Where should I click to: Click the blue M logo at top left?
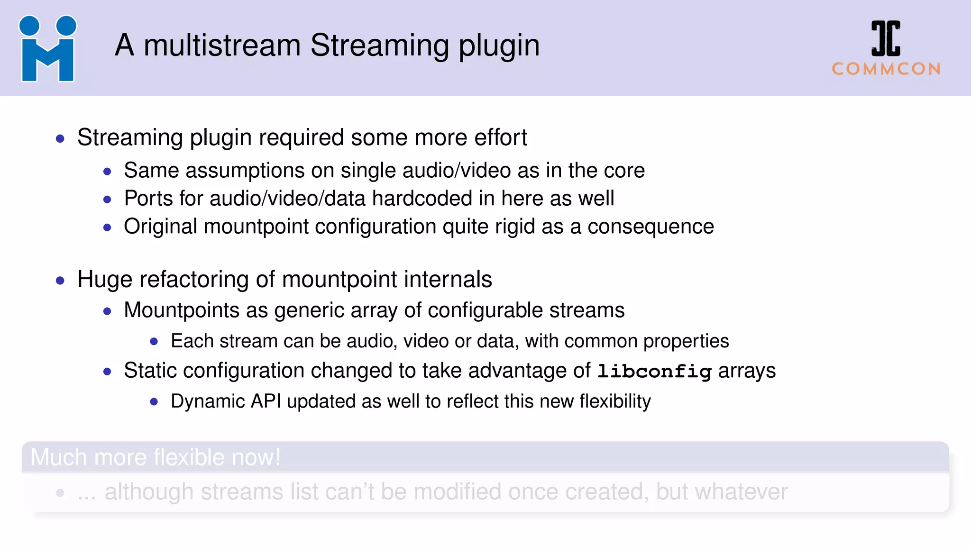click(47, 49)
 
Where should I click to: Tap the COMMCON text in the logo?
click(886, 69)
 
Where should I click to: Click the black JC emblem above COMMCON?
click(886, 38)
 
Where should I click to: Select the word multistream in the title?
click(222, 45)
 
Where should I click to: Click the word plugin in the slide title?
click(499, 46)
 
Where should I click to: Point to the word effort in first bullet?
click(501, 137)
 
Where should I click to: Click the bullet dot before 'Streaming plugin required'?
click(60, 139)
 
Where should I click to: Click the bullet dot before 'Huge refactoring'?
click(60, 281)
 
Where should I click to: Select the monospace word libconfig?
click(654, 371)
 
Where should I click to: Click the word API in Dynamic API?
click(266, 401)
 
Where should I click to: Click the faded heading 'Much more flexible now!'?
click(156, 457)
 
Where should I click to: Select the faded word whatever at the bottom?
click(741, 492)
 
